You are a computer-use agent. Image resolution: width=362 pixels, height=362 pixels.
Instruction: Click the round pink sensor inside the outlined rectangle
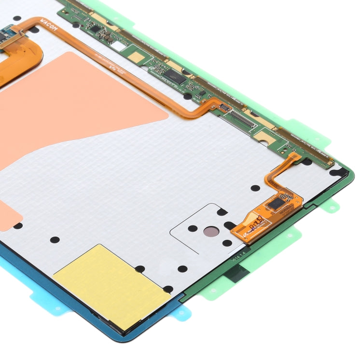pos(209,232)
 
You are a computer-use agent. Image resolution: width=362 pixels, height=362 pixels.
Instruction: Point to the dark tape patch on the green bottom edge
pos(237,273)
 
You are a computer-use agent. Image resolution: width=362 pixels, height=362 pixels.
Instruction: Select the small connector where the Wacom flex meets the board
pos(223,106)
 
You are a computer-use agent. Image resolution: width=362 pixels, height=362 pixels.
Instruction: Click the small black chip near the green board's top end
pos(95,29)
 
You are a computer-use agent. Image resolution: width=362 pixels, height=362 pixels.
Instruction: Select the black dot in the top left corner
pos(17,18)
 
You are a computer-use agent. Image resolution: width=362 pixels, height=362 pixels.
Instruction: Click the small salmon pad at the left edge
pos(9,212)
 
